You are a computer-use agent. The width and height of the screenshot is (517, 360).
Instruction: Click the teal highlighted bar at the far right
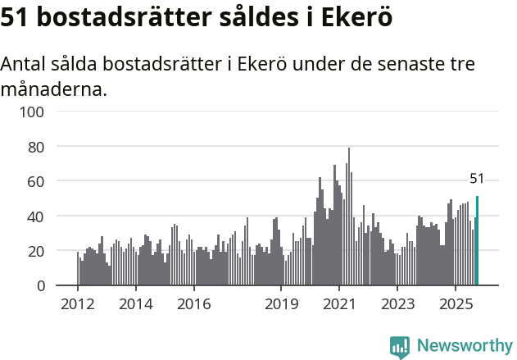coord(477,241)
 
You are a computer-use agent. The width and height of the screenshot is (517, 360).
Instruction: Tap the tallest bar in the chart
coord(349,217)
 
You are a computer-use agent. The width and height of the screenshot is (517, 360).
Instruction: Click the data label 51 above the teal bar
coord(477,179)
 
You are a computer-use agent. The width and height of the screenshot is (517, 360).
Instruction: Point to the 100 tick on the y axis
coord(34,112)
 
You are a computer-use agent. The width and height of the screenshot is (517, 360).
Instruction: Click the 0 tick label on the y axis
coord(40,286)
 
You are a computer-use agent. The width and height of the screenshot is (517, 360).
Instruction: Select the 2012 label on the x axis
coord(78,304)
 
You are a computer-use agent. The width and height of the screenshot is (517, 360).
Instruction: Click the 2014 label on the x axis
coord(135,304)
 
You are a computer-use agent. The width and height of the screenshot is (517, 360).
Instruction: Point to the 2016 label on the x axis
coord(193,304)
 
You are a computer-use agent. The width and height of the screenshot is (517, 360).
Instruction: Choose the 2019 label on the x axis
coord(281,304)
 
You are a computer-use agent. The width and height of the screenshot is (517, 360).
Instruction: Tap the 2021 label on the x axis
coord(338,304)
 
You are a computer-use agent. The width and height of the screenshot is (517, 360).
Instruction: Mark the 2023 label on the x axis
coord(397,304)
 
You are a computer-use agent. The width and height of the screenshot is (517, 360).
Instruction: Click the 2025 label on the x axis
coord(455,304)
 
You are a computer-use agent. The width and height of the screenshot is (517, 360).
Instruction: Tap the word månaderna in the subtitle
coord(54,89)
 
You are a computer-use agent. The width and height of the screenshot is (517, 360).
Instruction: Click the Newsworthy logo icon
coord(400,347)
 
